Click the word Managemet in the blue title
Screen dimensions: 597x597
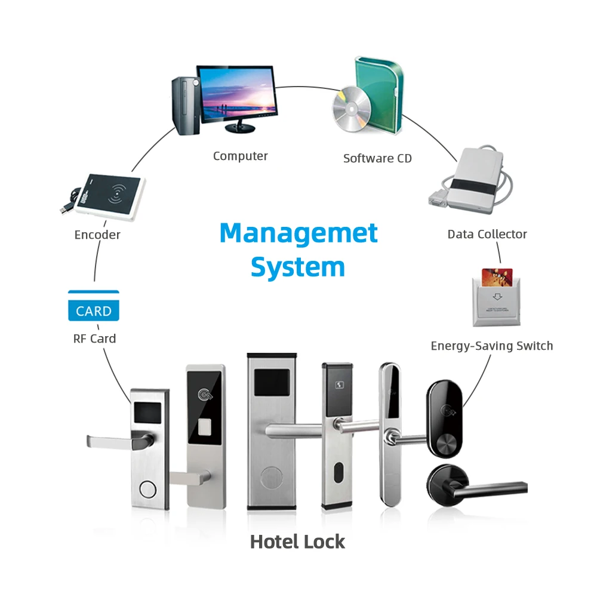click(298, 233)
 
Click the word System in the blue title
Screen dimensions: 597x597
click(297, 267)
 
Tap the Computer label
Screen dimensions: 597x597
click(240, 156)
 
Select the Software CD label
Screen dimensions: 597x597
click(377, 158)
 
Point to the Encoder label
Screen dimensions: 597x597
click(97, 235)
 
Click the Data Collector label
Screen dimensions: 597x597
click(487, 234)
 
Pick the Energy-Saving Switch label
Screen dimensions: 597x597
click(491, 346)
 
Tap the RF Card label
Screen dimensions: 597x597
click(94, 338)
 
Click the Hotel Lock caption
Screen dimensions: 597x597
click(297, 541)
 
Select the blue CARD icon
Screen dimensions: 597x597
click(94, 306)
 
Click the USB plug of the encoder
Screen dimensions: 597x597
click(65, 207)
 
